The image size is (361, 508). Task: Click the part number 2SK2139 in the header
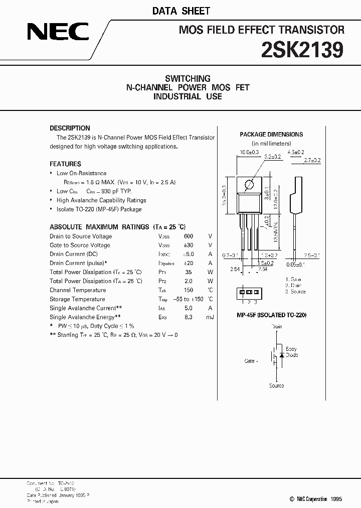[x=303, y=50]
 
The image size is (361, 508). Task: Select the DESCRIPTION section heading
[x=70, y=128]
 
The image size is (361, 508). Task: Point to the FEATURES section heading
[x=65, y=164]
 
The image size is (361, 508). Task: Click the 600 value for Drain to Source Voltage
[x=188, y=236]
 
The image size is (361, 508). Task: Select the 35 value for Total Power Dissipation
[x=189, y=272]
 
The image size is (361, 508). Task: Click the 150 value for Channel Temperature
[x=188, y=290]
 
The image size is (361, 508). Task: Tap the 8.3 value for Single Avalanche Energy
[x=189, y=317]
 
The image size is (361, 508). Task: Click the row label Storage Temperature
[x=78, y=299]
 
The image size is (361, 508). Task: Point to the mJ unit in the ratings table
[x=210, y=317]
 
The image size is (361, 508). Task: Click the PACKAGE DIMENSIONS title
[x=271, y=135]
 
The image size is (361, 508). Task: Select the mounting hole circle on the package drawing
[x=249, y=185]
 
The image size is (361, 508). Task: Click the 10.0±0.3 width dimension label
[x=249, y=152]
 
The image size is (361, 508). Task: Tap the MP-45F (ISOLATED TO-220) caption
[x=271, y=315]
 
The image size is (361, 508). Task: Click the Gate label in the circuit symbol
[x=250, y=361]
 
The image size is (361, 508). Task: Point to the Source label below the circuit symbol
[x=276, y=386]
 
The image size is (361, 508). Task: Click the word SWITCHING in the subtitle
[x=188, y=78]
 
